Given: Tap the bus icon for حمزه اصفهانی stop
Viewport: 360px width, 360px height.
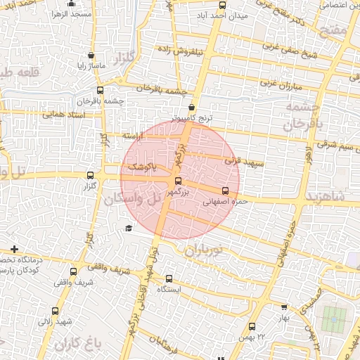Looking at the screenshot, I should pyautogui.click(x=225, y=191).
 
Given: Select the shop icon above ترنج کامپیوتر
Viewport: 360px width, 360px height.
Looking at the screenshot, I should pyautogui.click(x=191, y=108).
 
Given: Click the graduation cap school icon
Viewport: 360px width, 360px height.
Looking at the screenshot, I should pyautogui.click(x=128, y=228).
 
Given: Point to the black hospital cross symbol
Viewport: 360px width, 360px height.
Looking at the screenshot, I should pyautogui.click(x=15, y=249).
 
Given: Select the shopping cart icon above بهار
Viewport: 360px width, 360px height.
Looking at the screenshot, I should pyautogui.click(x=284, y=307).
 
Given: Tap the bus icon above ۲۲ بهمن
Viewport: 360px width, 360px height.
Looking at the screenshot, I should pyautogui.click(x=252, y=326).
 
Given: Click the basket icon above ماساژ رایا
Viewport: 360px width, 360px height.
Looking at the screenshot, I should pyautogui.click(x=91, y=55).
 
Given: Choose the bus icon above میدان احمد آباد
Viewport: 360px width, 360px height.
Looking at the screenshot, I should pyautogui.click(x=223, y=4).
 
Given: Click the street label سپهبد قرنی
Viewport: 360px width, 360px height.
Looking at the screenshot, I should pyautogui.click(x=245, y=163).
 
